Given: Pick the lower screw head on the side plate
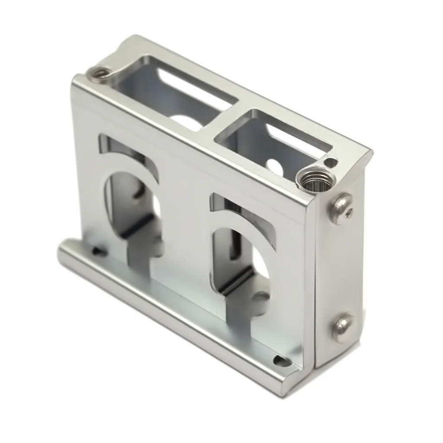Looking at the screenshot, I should pos(343,327).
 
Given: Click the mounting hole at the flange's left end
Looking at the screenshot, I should pos(99,251).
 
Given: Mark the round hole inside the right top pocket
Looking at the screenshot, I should pos(274,165).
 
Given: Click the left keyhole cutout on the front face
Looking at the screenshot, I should pos(130,203).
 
